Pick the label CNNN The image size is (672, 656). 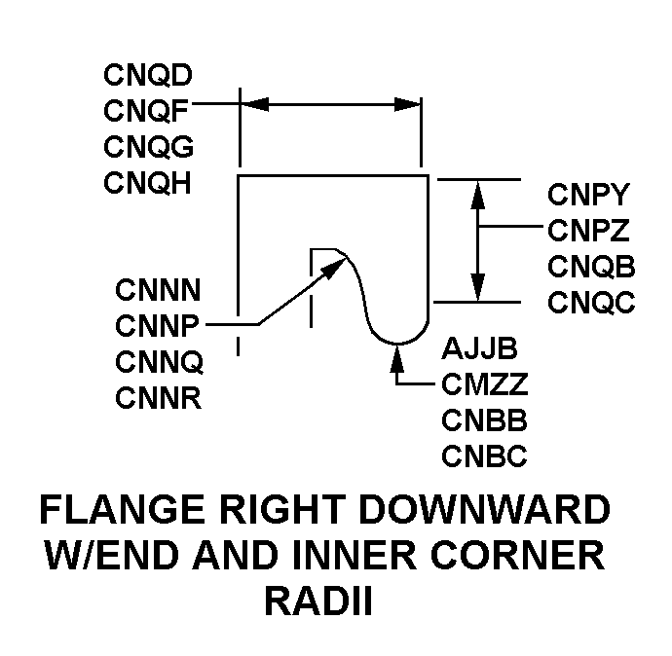pos(159,289)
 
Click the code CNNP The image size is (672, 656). pos(158,325)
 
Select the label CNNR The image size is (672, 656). pos(159,397)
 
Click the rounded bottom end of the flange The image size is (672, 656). pos(398,340)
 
